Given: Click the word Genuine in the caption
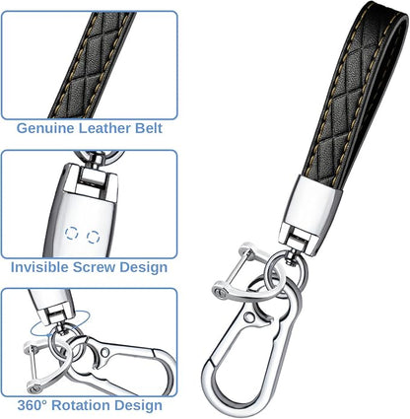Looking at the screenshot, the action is tap(45, 128).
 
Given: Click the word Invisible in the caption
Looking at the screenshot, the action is tap(39, 267).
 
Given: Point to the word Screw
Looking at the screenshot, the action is tap(94, 267).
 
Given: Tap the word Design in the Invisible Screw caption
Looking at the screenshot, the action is tap(143, 267).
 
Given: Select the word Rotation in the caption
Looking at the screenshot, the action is tap(81, 405).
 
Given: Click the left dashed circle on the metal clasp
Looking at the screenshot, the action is tap(71, 233).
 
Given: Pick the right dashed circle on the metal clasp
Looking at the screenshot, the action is tap(94, 237).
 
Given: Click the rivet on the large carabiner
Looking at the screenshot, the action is tap(249, 317).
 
